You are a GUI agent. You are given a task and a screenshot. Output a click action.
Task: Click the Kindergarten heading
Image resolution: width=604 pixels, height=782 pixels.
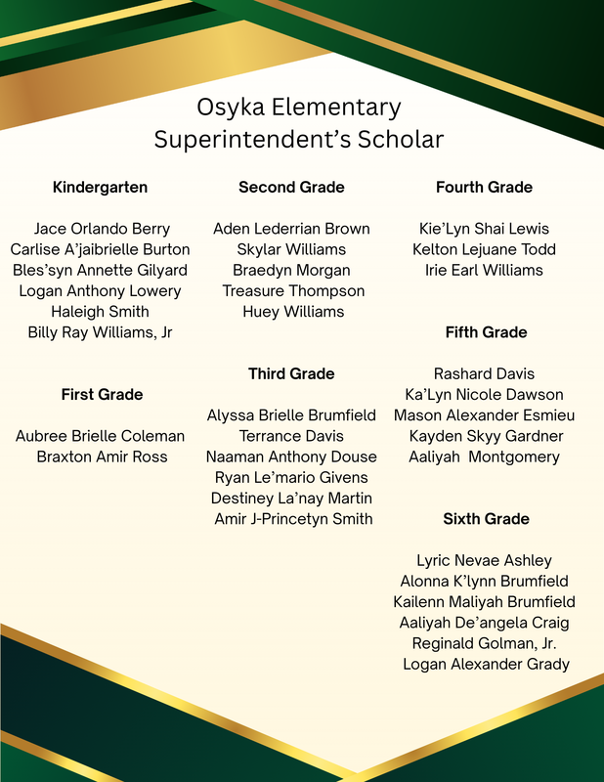[100, 187]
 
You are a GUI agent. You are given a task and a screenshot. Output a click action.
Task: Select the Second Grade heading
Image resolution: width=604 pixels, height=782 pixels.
[291, 187]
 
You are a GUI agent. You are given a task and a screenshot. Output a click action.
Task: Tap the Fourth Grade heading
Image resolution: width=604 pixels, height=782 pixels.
[484, 187]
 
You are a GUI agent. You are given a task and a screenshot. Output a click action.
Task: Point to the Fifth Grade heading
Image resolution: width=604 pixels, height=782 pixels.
[486, 332]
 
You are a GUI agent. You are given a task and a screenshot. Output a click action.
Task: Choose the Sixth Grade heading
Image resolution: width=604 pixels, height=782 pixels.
[486, 519]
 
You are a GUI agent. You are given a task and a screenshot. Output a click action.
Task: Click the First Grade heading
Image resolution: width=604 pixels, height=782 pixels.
[102, 395]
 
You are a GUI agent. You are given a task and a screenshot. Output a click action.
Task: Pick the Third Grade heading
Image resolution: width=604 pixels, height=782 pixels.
[291, 374]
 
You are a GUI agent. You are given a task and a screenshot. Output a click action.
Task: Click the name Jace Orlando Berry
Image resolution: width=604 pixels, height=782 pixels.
[102, 229]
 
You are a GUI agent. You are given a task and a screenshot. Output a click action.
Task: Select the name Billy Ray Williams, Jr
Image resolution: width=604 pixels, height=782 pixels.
[100, 332]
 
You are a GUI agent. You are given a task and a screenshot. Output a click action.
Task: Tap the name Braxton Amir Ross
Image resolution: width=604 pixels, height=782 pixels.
[102, 456]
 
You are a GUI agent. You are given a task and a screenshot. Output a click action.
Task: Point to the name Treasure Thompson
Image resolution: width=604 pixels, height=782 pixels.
[293, 291]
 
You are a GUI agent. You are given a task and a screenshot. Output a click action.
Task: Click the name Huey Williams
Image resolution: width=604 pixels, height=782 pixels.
[293, 312]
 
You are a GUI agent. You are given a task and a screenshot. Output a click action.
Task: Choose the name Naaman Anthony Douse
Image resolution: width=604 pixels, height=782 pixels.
[291, 456]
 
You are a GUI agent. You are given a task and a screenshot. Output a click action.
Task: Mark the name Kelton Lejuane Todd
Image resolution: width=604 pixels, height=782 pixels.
[484, 249]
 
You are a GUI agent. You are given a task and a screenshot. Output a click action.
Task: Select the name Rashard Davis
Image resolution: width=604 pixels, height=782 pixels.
[484, 374]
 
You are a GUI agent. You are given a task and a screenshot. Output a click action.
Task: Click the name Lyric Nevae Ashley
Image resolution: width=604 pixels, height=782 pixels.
[484, 561]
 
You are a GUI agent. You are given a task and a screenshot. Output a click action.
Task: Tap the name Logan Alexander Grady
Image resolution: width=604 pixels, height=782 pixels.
[486, 665]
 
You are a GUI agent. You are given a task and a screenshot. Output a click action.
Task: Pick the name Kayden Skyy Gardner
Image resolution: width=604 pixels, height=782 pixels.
[486, 436]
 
